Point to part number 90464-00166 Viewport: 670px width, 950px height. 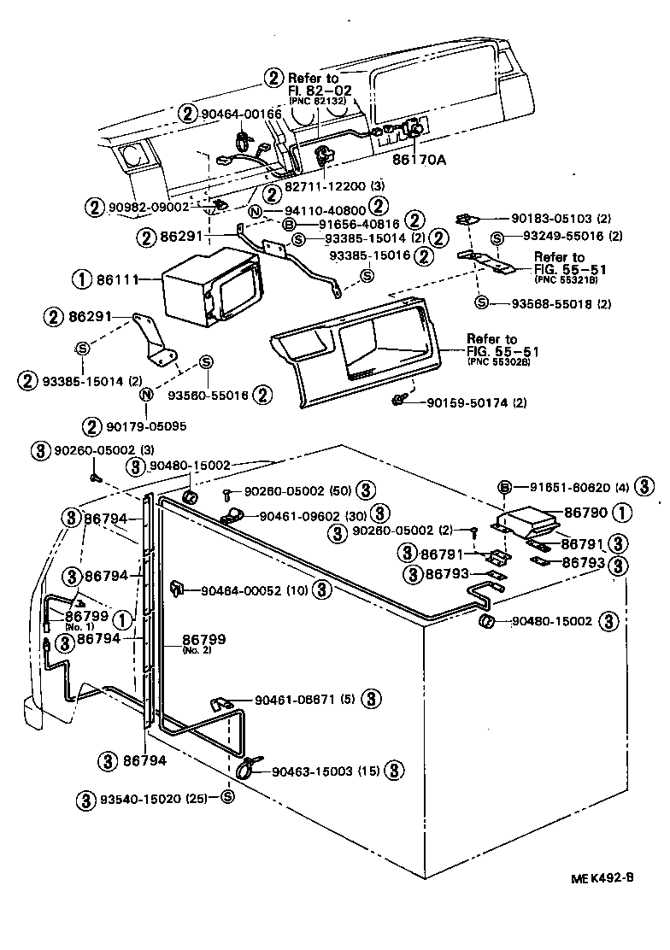(242, 113)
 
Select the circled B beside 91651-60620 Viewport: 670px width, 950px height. (504, 488)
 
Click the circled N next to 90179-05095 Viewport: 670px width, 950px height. (146, 395)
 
